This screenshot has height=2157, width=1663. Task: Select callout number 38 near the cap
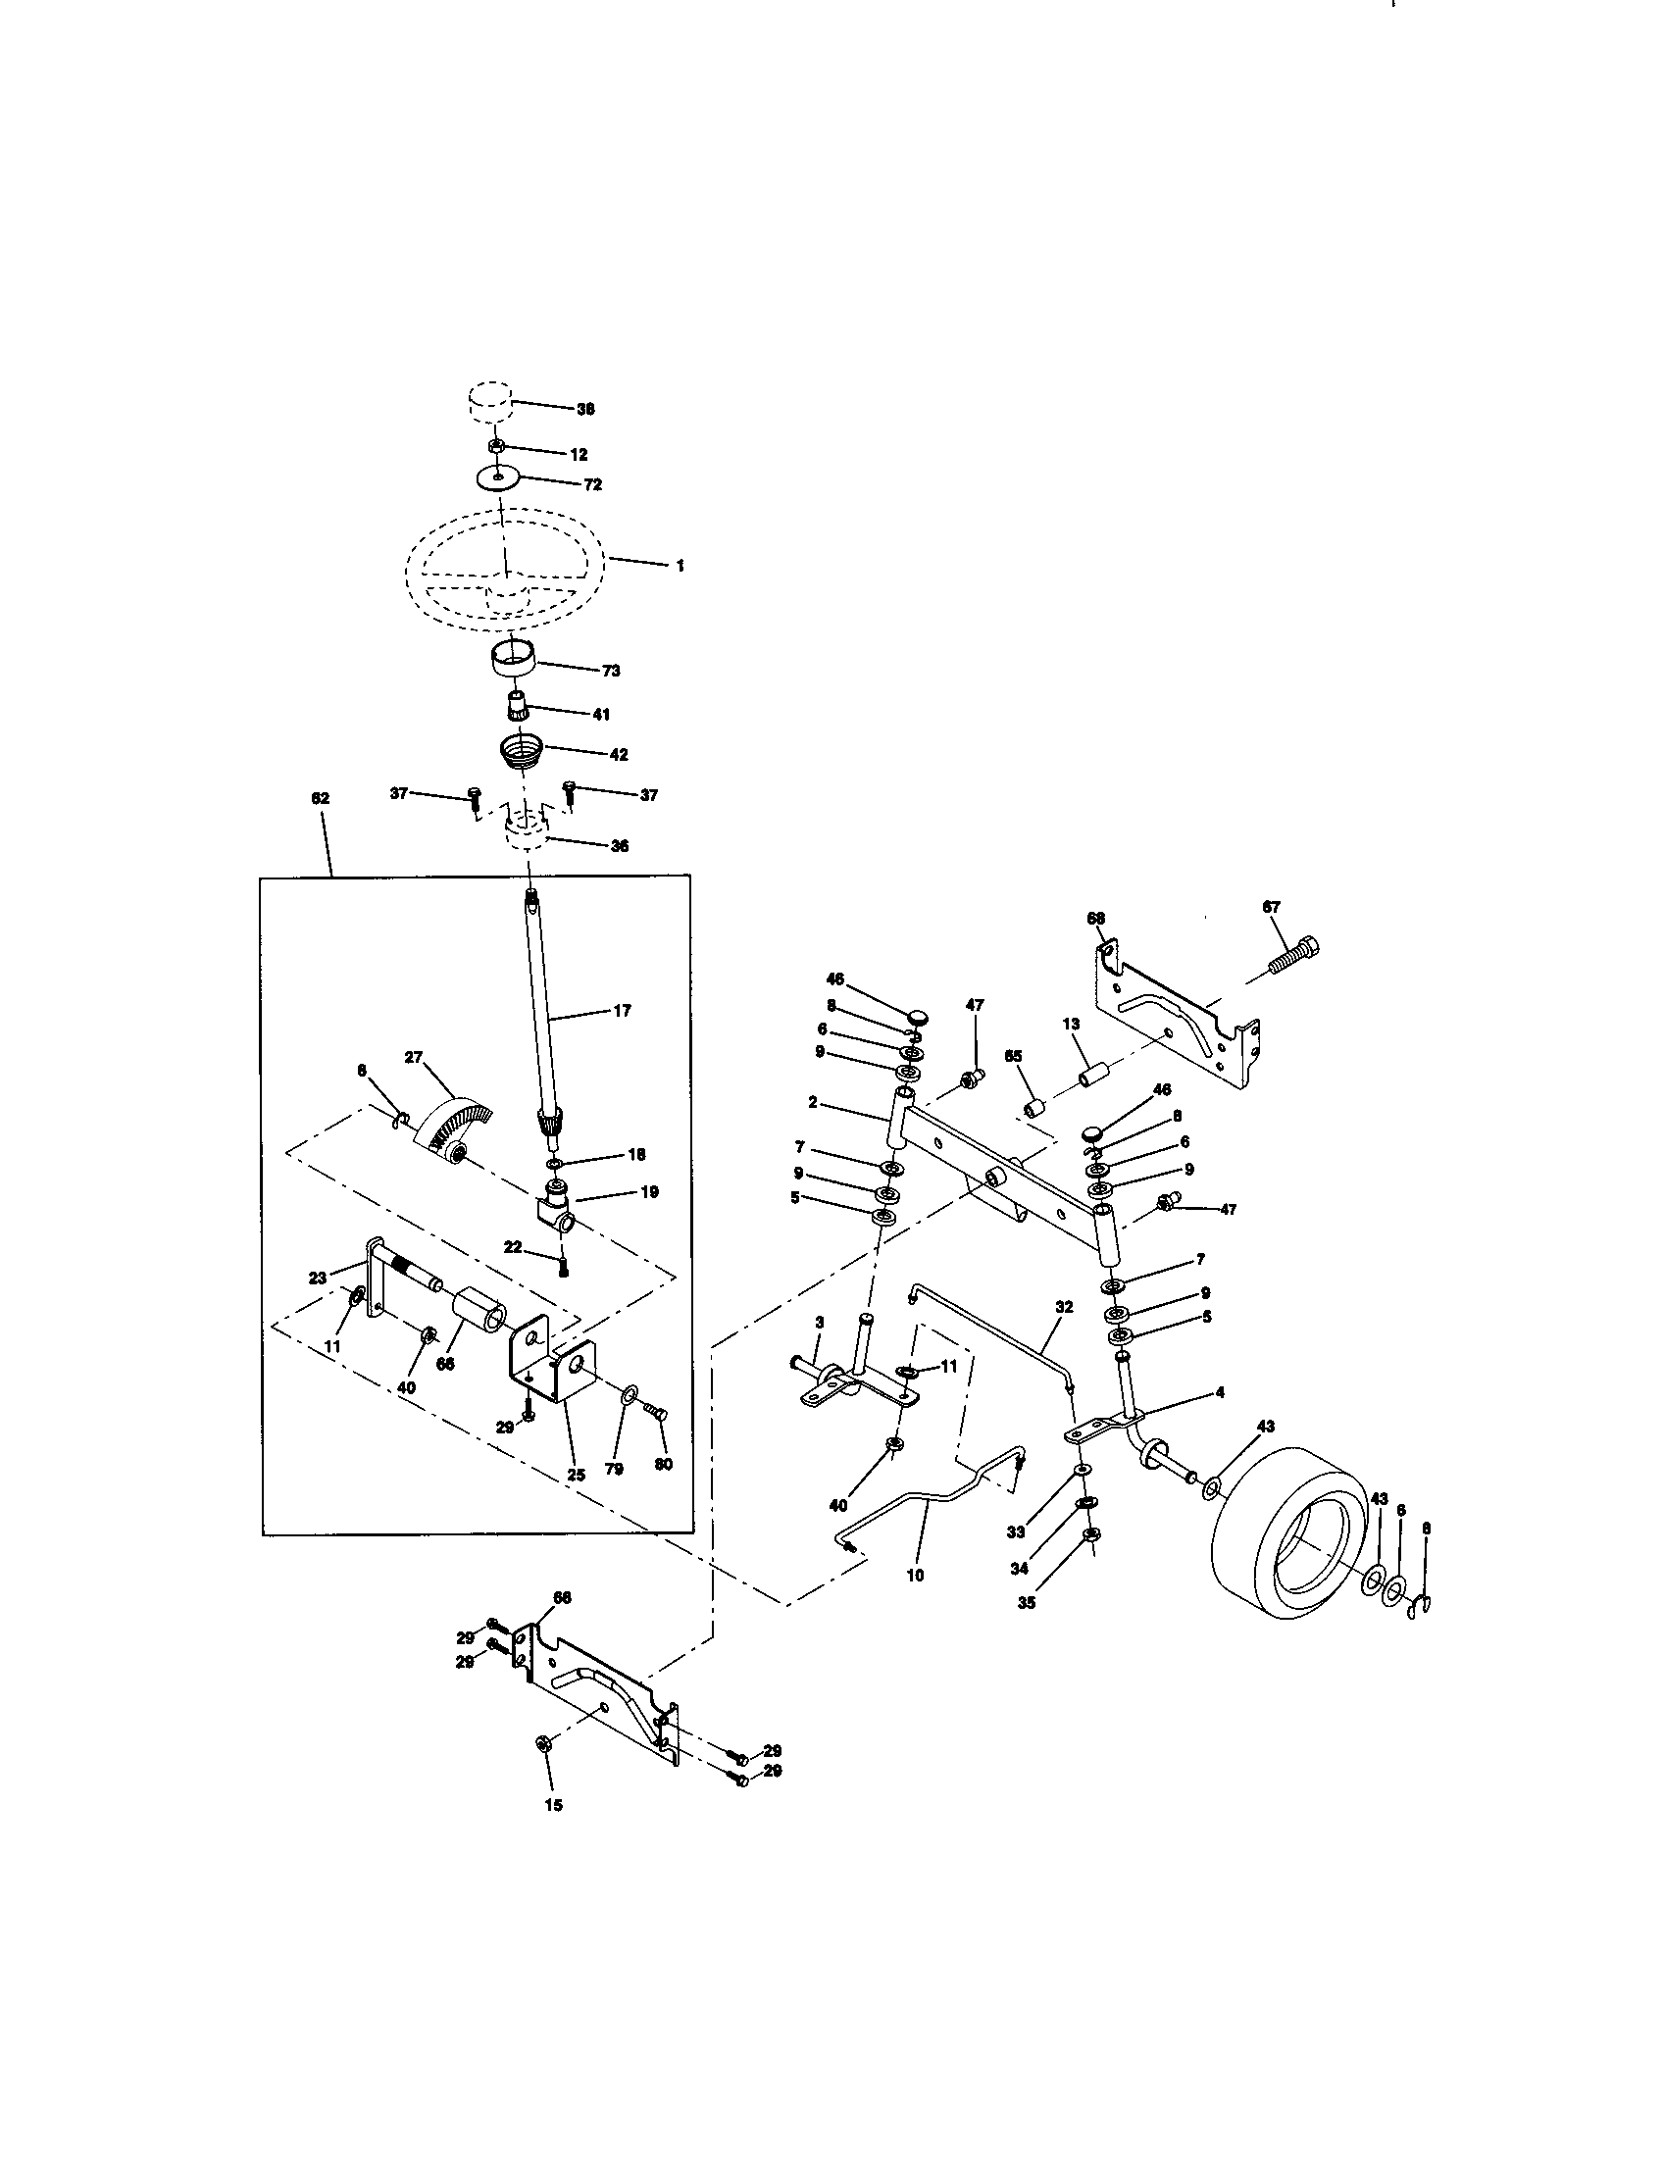tap(585, 409)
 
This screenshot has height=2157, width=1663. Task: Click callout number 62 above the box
tap(320, 798)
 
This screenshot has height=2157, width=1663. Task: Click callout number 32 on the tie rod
tap(1063, 1306)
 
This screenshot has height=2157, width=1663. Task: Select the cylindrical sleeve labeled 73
tap(515, 659)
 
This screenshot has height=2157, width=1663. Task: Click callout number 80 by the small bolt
tap(663, 1464)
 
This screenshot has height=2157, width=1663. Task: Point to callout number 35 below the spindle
tap(1027, 1603)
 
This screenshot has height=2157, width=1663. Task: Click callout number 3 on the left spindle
tap(819, 1322)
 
